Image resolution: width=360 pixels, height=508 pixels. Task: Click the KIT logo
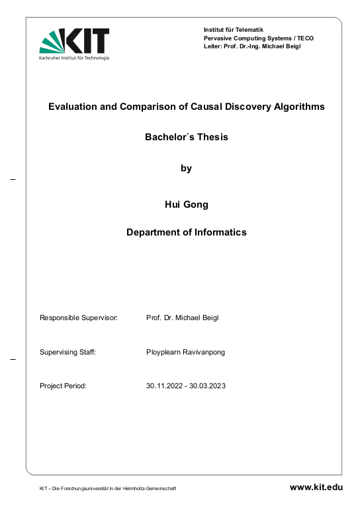pyautogui.click(x=74, y=40)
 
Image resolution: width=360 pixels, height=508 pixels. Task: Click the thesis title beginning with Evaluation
pyautogui.click(x=186, y=106)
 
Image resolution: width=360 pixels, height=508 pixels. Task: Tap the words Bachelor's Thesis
pyautogui.click(x=186, y=138)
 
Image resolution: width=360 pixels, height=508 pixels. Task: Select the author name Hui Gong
pyautogui.click(x=186, y=204)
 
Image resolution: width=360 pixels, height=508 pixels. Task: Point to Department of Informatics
pyautogui.click(x=186, y=232)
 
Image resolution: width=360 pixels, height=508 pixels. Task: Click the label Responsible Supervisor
pyautogui.click(x=79, y=318)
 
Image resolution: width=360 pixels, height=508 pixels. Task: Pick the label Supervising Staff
pyautogui.click(x=68, y=353)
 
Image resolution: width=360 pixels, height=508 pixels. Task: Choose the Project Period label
pyautogui.click(x=64, y=386)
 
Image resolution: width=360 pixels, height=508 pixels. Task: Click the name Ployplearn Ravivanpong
pyautogui.click(x=185, y=353)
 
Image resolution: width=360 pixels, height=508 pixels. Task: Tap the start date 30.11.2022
pyautogui.click(x=163, y=386)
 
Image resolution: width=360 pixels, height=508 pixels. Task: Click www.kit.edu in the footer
pyautogui.click(x=316, y=487)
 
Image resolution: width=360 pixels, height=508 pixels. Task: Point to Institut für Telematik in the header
pyautogui.click(x=234, y=30)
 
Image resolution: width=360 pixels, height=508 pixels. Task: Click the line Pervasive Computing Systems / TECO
pyautogui.click(x=259, y=38)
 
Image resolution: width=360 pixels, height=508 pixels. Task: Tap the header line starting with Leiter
pyautogui.click(x=252, y=46)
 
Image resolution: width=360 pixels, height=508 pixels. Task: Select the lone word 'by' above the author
pyautogui.click(x=186, y=169)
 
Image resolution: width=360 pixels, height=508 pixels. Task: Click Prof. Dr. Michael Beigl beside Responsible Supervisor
pyautogui.click(x=182, y=318)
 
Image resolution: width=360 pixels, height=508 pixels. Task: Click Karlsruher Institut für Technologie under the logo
pyautogui.click(x=74, y=58)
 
